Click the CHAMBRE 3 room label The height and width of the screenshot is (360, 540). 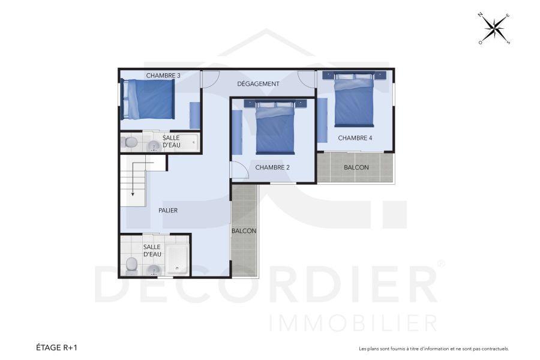click(163, 76)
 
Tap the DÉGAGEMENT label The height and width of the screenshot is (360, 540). click(258, 84)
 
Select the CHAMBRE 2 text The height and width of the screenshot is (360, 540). click(272, 167)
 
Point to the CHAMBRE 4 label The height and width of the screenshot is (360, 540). click(355, 138)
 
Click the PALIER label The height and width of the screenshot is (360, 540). click(168, 211)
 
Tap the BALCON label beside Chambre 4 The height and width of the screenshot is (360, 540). click(356, 167)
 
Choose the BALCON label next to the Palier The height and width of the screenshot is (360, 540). click(244, 231)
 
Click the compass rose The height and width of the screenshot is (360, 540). click(494, 28)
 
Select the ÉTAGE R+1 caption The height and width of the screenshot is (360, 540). click(57, 347)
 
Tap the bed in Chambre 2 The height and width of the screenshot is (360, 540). click(275, 127)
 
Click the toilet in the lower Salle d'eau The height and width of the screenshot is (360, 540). click(131, 265)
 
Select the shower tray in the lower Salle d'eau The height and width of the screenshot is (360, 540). click(178, 260)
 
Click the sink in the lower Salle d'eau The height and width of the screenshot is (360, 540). click(154, 269)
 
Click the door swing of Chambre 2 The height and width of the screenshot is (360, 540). click(239, 170)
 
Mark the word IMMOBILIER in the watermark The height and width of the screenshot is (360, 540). click(353, 322)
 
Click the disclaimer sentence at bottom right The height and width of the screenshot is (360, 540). click(433, 349)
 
